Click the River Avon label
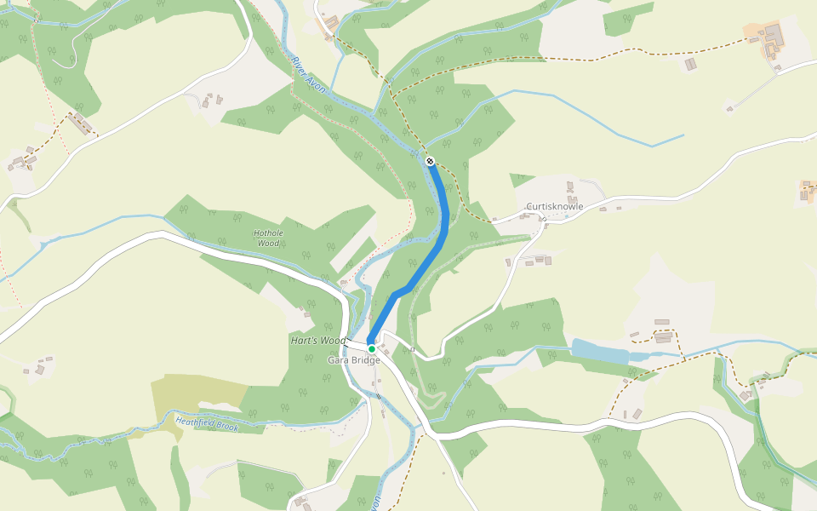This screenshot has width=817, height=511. click(x=307, y=76)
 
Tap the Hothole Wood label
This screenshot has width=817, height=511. click(x=267, y=237)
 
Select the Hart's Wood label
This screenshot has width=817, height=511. click(x=318, y=341)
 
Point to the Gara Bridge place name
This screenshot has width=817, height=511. click(x=354, y=360)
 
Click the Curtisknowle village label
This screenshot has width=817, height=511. click(x=554, y=207)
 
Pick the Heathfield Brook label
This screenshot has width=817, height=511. click(x=207, y=422)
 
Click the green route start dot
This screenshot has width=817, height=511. click(x=372, y=348)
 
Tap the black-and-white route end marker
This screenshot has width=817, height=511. click(x=430, y=160)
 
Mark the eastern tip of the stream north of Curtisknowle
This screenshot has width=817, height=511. click(x=683, y=135)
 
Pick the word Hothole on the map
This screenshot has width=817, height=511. click(x=267, y=233)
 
